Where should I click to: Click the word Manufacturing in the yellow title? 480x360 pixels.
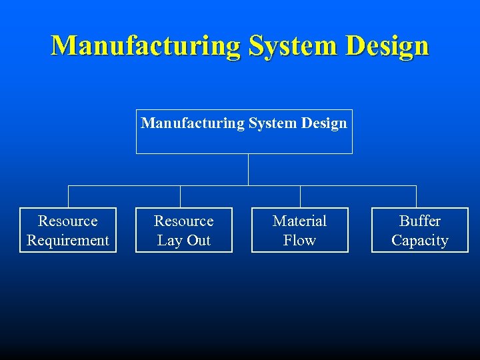tap(146, 46)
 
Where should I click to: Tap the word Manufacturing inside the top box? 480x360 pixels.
tap(192, 123)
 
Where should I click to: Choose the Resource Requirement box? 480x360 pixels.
tap(68, 230)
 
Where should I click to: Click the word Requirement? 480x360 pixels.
tap(68, 241)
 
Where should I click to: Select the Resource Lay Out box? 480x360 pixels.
tap(184, 230)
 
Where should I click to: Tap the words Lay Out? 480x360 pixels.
tap(184, 241)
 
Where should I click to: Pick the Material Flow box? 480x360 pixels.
tap(300, 230)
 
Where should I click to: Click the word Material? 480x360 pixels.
tap(300, 221)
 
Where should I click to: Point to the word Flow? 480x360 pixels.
tap(300, 241)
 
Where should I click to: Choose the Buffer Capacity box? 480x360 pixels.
tap(420, 230)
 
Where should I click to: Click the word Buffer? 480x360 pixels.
tap(420, 221)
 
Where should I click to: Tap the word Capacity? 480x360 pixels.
tap(420, 241)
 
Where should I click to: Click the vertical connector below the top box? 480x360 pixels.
tap(248, 169)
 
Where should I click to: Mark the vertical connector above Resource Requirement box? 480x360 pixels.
tap(69, 197)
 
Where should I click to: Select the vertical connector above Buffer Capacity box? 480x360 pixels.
tap(416, 197)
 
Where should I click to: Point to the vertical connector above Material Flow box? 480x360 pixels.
tap(300, 197)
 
